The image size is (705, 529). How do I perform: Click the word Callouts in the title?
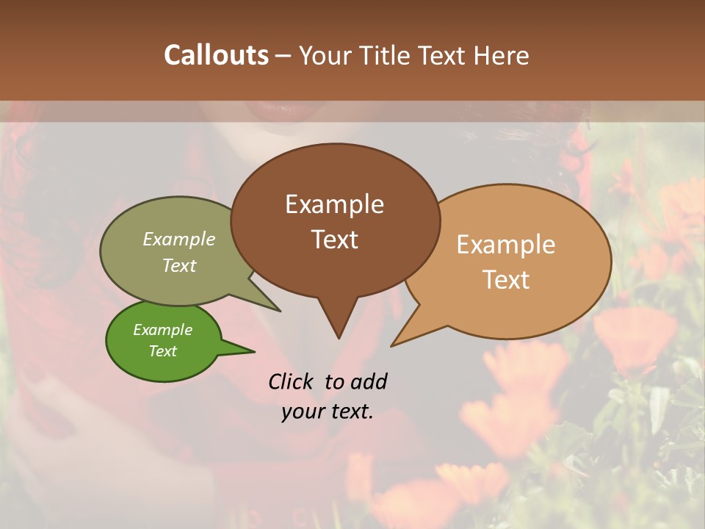tap(216, 55)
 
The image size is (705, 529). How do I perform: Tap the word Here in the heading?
tap(502, 55)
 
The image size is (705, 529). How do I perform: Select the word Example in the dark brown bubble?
tap(334, 204)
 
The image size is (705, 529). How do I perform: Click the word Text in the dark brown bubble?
tap(334, 240)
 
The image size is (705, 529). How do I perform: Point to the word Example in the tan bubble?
tap(506, 245)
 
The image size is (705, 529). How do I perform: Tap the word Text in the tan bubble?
tap(506, 280)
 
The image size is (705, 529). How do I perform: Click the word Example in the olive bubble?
tap(179, 240)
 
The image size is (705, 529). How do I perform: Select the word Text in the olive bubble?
tap(179, 265)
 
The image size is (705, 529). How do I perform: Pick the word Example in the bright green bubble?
tap(162, 330)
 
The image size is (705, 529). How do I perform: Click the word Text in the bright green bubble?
tap(162, 351)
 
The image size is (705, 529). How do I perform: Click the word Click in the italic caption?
tap(292, 381)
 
